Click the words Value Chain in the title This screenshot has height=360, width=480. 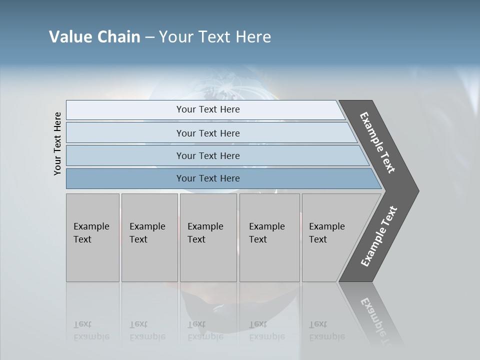[x=94, y=37]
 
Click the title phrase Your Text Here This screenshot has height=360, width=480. [x=215, y=37]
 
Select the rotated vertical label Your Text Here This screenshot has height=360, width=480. [x=57, y=143]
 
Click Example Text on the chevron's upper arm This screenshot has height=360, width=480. [x=377, y=142]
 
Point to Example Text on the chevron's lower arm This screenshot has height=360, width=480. [x=378, y=236]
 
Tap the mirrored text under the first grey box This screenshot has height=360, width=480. [x=91, y=330]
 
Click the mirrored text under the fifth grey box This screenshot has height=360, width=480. [x=326, y=330]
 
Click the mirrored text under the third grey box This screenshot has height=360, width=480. [x=205, y=330]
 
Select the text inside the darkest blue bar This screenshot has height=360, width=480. [x=208, y=178]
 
